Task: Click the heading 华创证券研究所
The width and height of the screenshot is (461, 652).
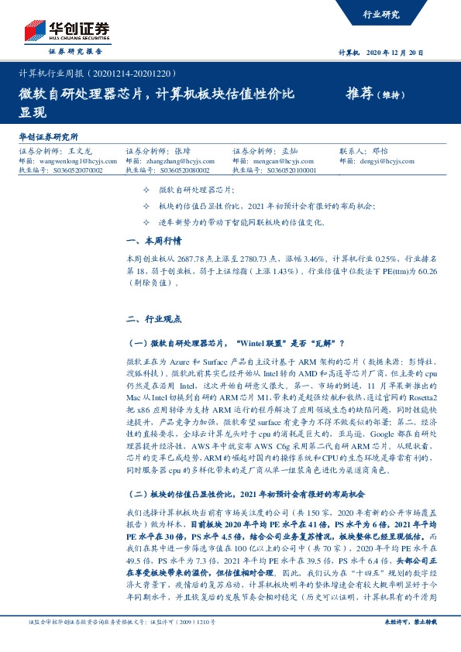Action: [52, 136]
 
